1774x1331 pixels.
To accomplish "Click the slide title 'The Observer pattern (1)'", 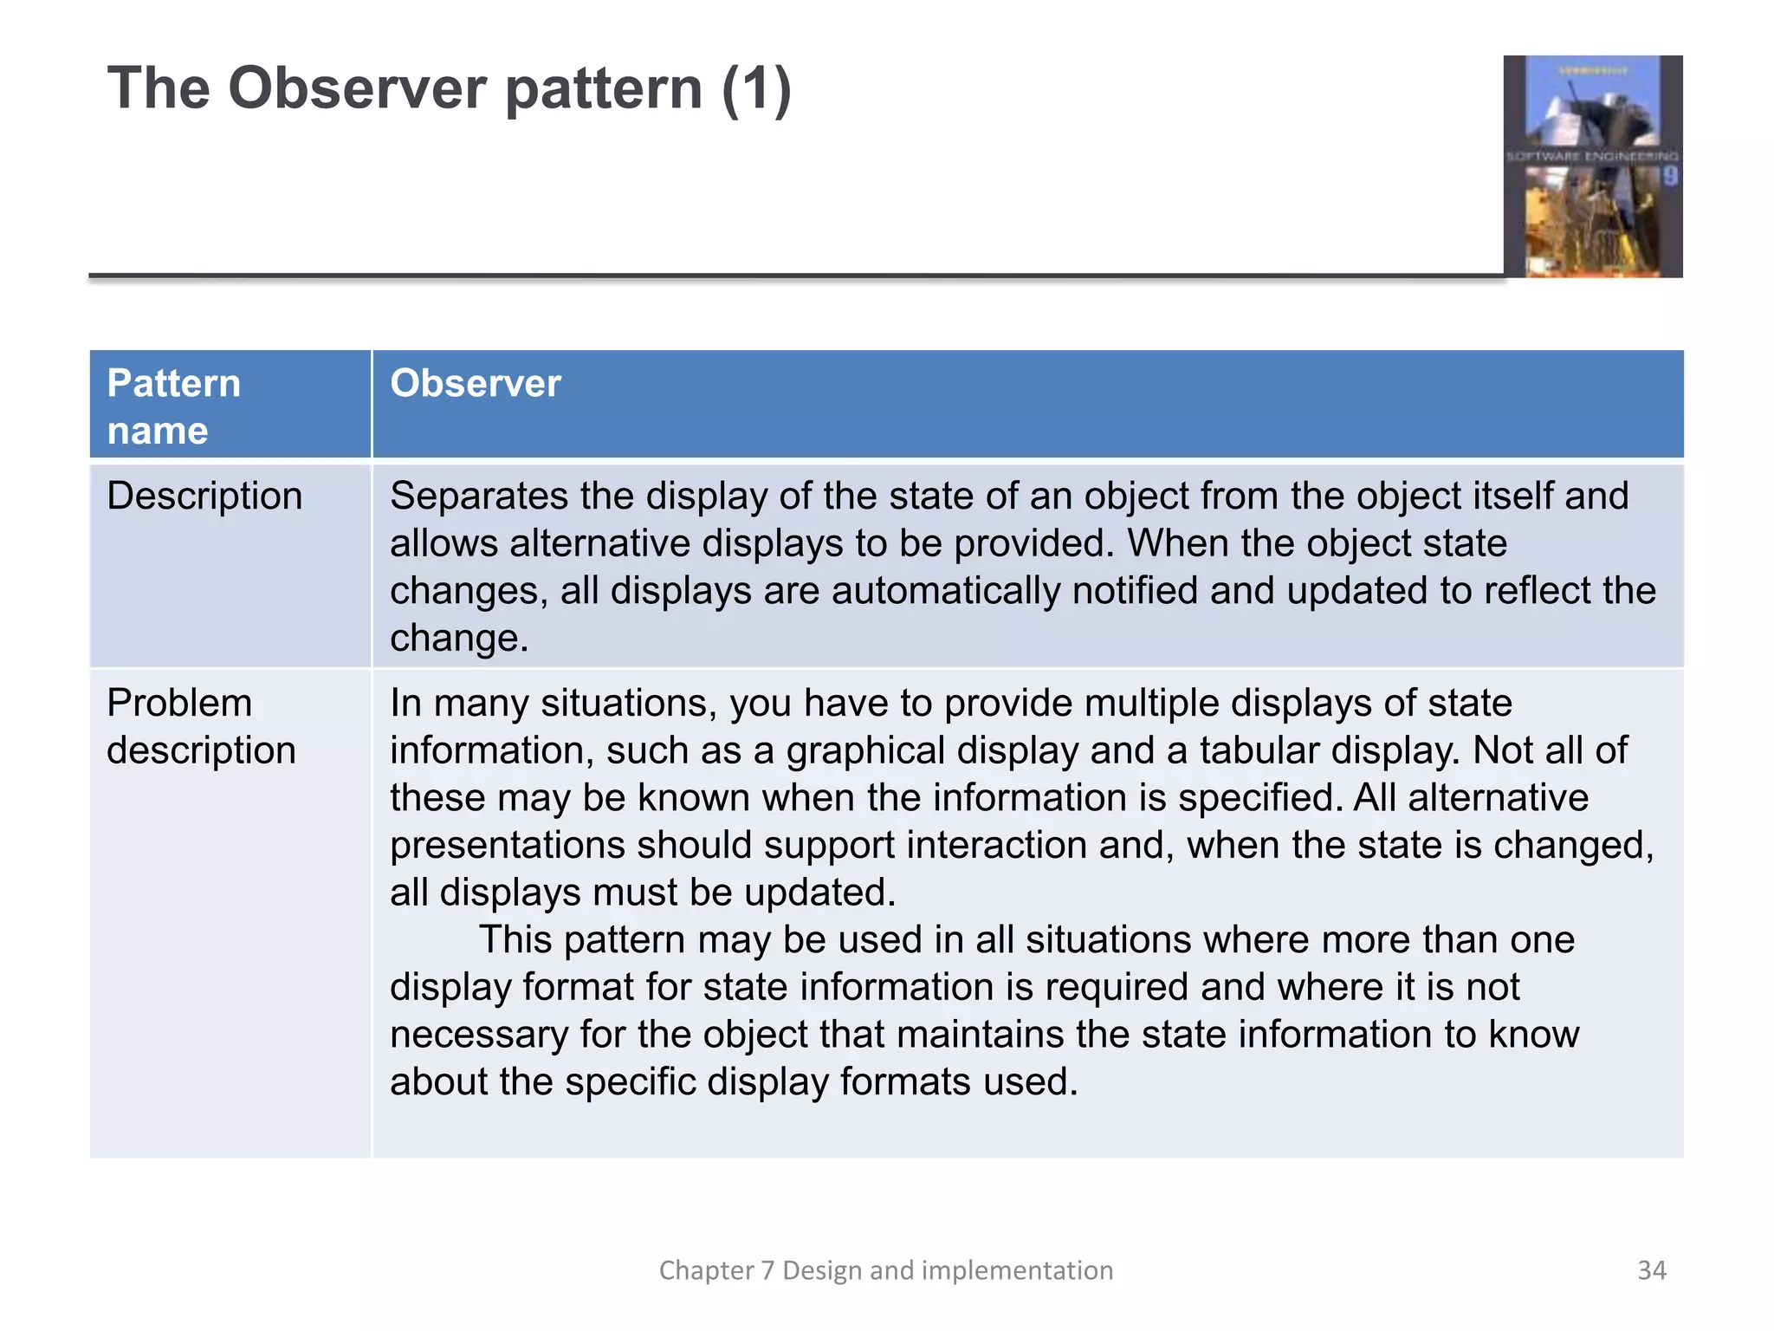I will click(x=449, y=88).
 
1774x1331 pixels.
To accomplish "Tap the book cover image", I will click(x=1592, y=166).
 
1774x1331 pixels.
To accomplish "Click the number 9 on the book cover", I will click(x=1669, y=177).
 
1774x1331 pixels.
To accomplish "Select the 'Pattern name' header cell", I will click(x=173, y=406).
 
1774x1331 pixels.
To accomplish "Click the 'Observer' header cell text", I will click(x=475, y=383).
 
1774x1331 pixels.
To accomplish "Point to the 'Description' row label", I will click(x=204, y=497).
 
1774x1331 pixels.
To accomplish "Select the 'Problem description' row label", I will click(x=201, y=726).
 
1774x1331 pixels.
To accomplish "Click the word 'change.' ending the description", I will click(x=458, y=639).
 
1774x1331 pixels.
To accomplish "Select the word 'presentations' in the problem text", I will click(x=507, y=846).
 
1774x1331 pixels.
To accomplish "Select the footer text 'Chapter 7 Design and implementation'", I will click(x=885, y=1270).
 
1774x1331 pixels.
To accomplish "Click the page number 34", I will click(x=1651, y=1270).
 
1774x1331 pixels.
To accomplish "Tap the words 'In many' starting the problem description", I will click(x=459, y=704).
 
